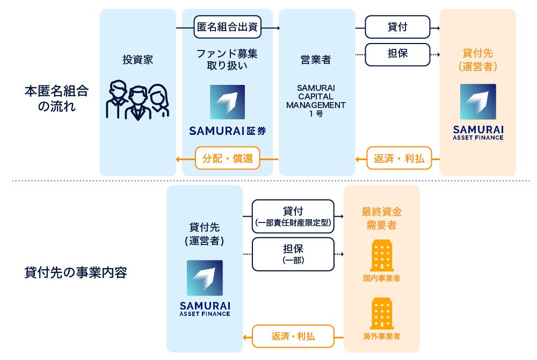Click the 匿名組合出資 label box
pos(228,27)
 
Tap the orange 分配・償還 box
pos(228,159)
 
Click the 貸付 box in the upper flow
pos(397,27)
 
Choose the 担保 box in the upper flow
pos(397,54)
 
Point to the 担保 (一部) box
pos(293,254)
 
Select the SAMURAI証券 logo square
pos(227,102)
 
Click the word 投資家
pos(137,60)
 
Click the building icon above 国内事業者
pos(381,255)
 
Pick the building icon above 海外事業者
pos(381,313)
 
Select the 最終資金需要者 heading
pos(381,218)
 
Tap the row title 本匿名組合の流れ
pos(56,98)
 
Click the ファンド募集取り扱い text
pos(227,60)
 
